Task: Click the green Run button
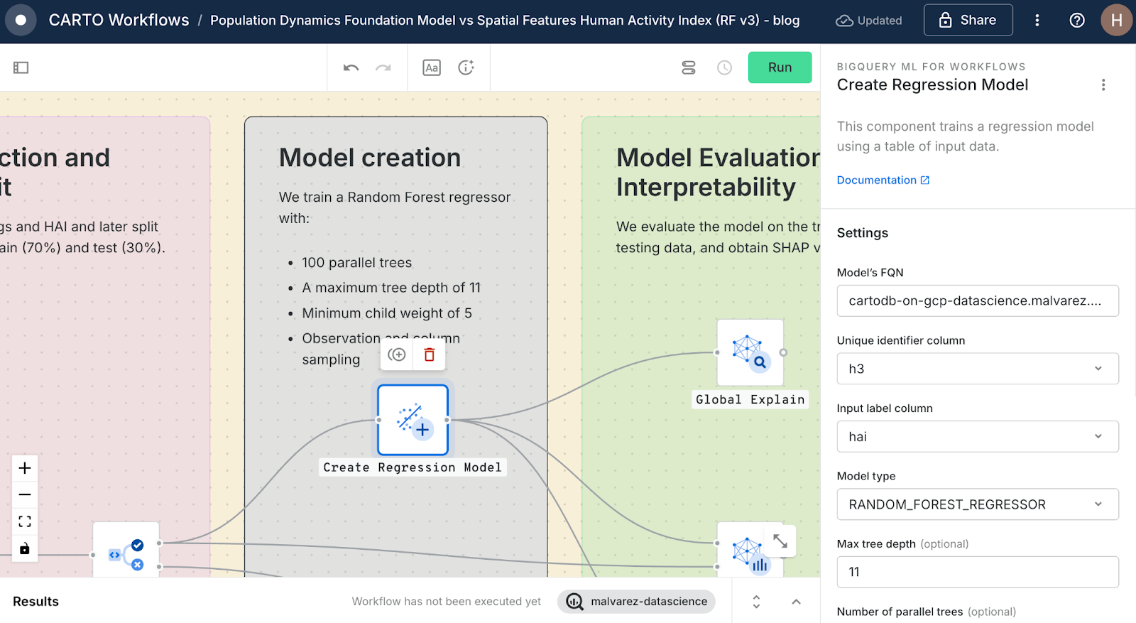[x=780, y=67]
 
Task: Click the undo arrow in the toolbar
[x=351, y=67]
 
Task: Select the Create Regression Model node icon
[x=413, y=420]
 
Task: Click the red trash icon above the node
[x=429, y=354]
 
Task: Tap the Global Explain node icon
[x=750, y=352]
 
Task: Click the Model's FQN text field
[x=977, y=300]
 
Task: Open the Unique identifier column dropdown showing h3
[x=977, y=369]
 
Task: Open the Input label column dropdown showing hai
[x=977, y=437]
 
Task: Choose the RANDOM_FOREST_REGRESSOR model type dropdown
[x=977, y=504]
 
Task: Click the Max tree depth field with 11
[x=977, y=572]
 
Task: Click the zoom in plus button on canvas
[x=25, y=468]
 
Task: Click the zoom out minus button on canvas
[x=25, y=494]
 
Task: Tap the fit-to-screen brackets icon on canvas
[x=25, y=521]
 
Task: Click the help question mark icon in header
[x=1077, y=20]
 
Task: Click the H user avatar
[x=1116, y=20]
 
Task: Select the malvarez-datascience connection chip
[x=636, y=602]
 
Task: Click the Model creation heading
[x=370, y=158]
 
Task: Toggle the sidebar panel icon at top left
[x=21, y=67]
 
